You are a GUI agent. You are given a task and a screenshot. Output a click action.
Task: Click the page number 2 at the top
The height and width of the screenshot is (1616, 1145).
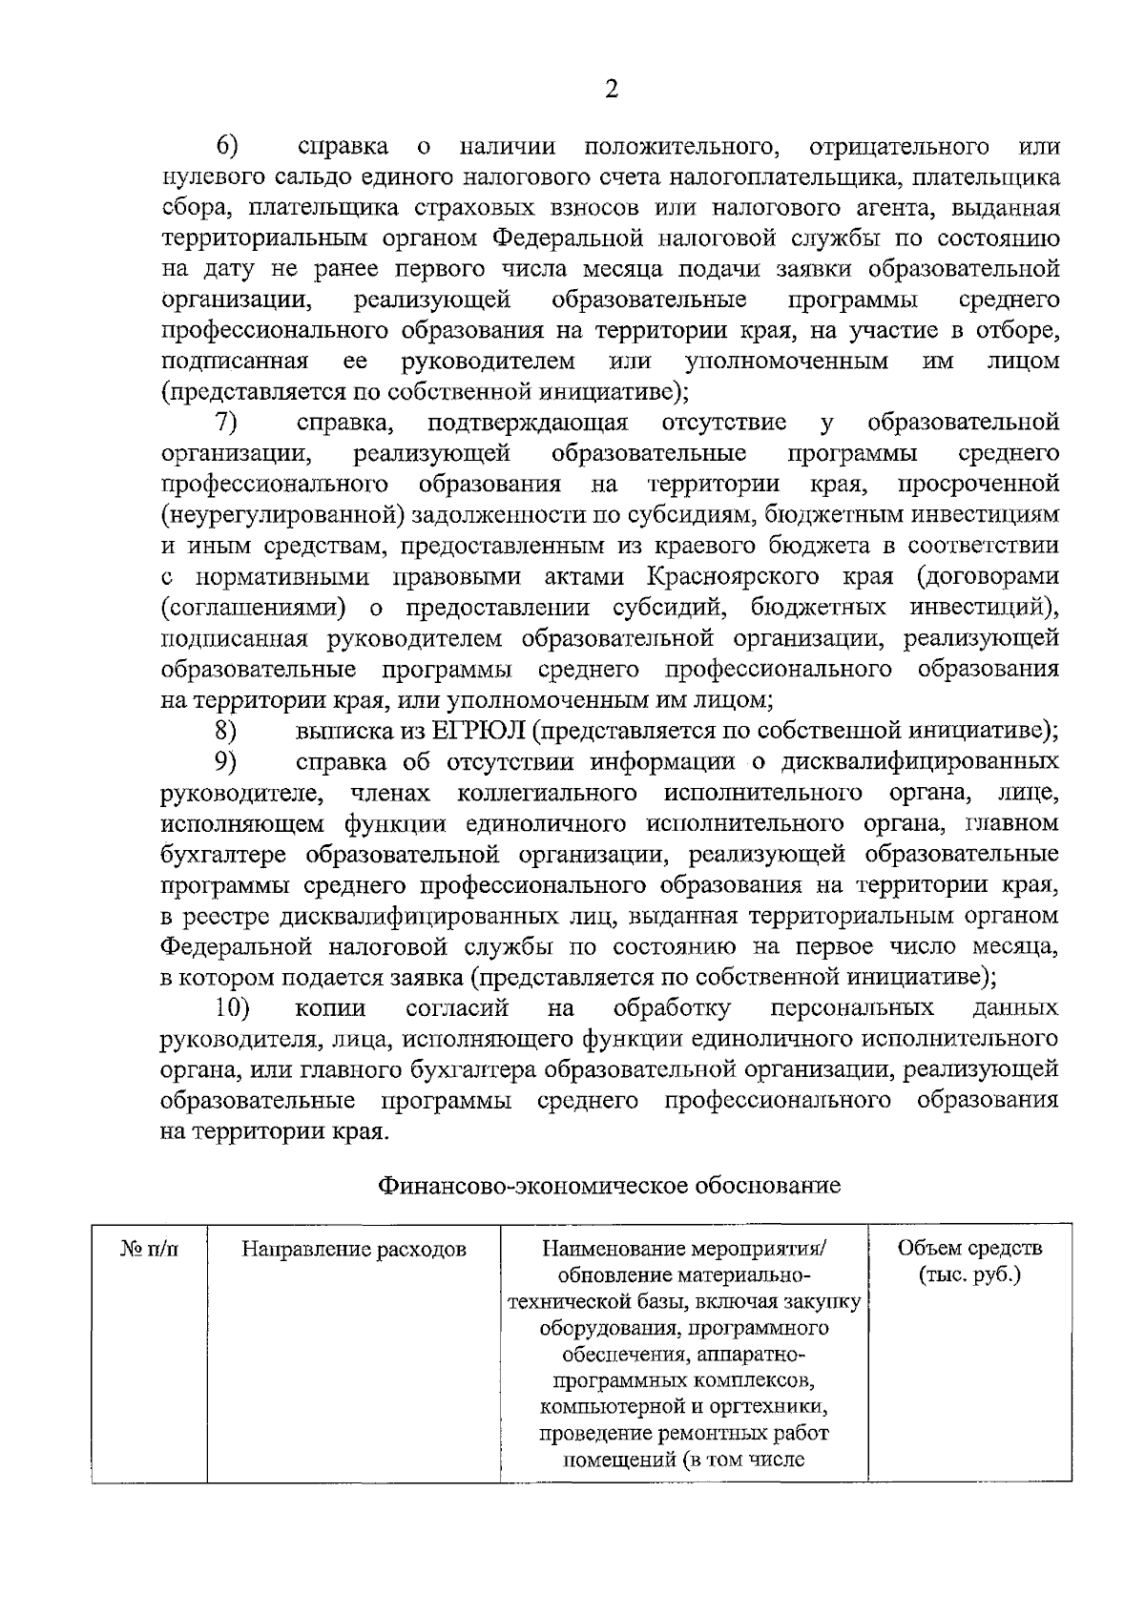[x=612, y=90]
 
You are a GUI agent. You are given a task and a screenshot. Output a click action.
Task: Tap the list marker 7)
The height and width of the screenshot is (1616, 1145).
[x=226, y=422]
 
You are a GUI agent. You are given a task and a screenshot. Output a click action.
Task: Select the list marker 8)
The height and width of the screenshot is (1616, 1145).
[x=226, y=731]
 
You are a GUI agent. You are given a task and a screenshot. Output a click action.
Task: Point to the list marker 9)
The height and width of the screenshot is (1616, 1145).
[x=226, y=761]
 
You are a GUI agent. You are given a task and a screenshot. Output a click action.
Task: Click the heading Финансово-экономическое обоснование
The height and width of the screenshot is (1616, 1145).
[x=610, y=1185]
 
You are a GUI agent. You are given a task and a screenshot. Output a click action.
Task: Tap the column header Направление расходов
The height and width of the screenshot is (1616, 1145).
[x=353, y=1249]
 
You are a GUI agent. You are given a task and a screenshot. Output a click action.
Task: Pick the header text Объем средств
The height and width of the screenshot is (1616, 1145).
[x=969, y=1248]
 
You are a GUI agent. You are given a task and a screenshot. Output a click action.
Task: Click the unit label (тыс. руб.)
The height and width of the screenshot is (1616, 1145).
[x=969, y=1274]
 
